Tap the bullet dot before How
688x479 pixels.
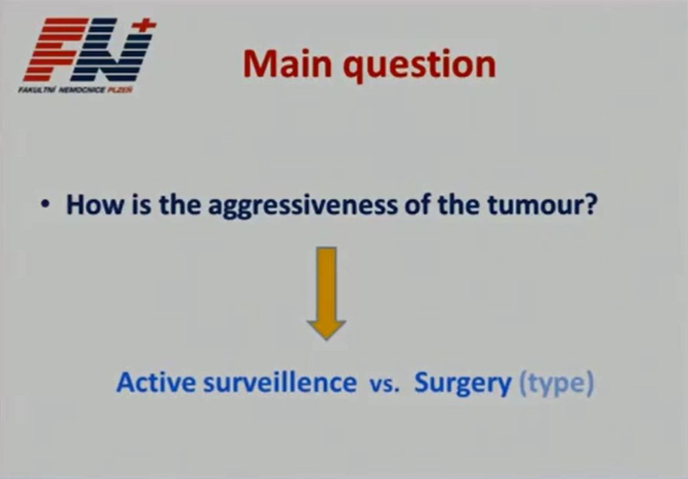click(44, 205)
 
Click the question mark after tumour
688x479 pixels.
click(591, 205)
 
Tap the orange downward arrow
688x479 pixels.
click(326, 293)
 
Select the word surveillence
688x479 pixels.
click(280, 382)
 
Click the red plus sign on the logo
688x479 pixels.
click(145, 25)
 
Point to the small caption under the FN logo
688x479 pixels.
click(75, 90)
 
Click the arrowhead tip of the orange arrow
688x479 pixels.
click(326, 339)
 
